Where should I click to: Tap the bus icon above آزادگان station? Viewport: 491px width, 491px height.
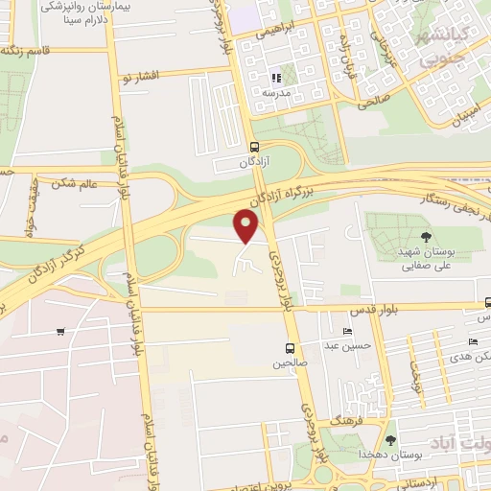(x=254, y=147)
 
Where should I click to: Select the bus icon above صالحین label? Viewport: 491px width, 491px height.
(x=289, y=348)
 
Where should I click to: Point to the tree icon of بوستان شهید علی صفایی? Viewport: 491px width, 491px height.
(x=426, y=236)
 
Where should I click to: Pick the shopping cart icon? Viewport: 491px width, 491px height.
(x=60, y=333)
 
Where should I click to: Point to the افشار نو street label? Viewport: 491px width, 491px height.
(x=138, y=73)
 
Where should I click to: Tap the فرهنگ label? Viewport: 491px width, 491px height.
(x=342, y=421)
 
